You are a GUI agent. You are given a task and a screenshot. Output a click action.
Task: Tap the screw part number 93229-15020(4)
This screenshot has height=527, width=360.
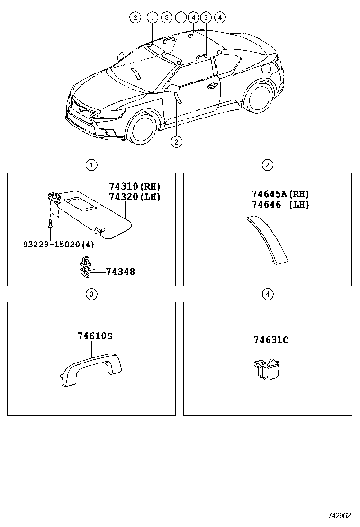58,244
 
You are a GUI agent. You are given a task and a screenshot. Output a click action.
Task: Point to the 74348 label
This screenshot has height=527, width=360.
120,272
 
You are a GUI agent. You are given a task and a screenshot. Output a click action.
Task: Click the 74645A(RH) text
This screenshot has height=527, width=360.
280,194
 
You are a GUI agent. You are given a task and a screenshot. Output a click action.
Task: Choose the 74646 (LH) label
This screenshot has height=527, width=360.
280,205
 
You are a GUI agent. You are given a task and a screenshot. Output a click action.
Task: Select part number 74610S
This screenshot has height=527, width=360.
95,336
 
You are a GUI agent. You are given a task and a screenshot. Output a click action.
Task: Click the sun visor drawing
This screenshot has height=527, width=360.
95,211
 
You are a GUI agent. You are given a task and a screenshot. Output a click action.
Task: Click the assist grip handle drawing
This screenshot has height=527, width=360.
90,367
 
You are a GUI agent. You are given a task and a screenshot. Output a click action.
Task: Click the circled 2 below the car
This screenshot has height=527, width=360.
176,141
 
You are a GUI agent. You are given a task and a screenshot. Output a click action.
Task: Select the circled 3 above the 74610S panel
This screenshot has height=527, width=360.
91,294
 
